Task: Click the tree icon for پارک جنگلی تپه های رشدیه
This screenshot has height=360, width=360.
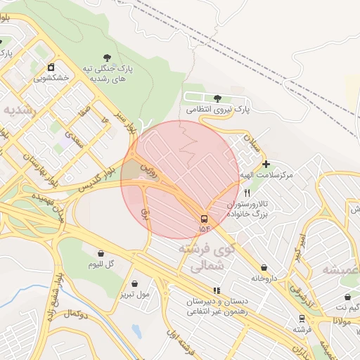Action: [107, 58]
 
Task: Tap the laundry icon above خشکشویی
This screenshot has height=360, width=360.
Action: [51, 67]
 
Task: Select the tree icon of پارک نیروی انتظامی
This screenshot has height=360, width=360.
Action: [216, 98]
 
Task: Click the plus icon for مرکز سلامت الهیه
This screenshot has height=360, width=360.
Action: [265, 163]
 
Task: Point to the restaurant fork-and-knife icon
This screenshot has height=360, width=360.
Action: [246, 192]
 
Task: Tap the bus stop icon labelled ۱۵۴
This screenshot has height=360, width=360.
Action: [204, 218]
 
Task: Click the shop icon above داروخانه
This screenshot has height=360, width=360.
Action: [264, 267]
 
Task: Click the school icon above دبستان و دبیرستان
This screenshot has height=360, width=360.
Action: [217, 290]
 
